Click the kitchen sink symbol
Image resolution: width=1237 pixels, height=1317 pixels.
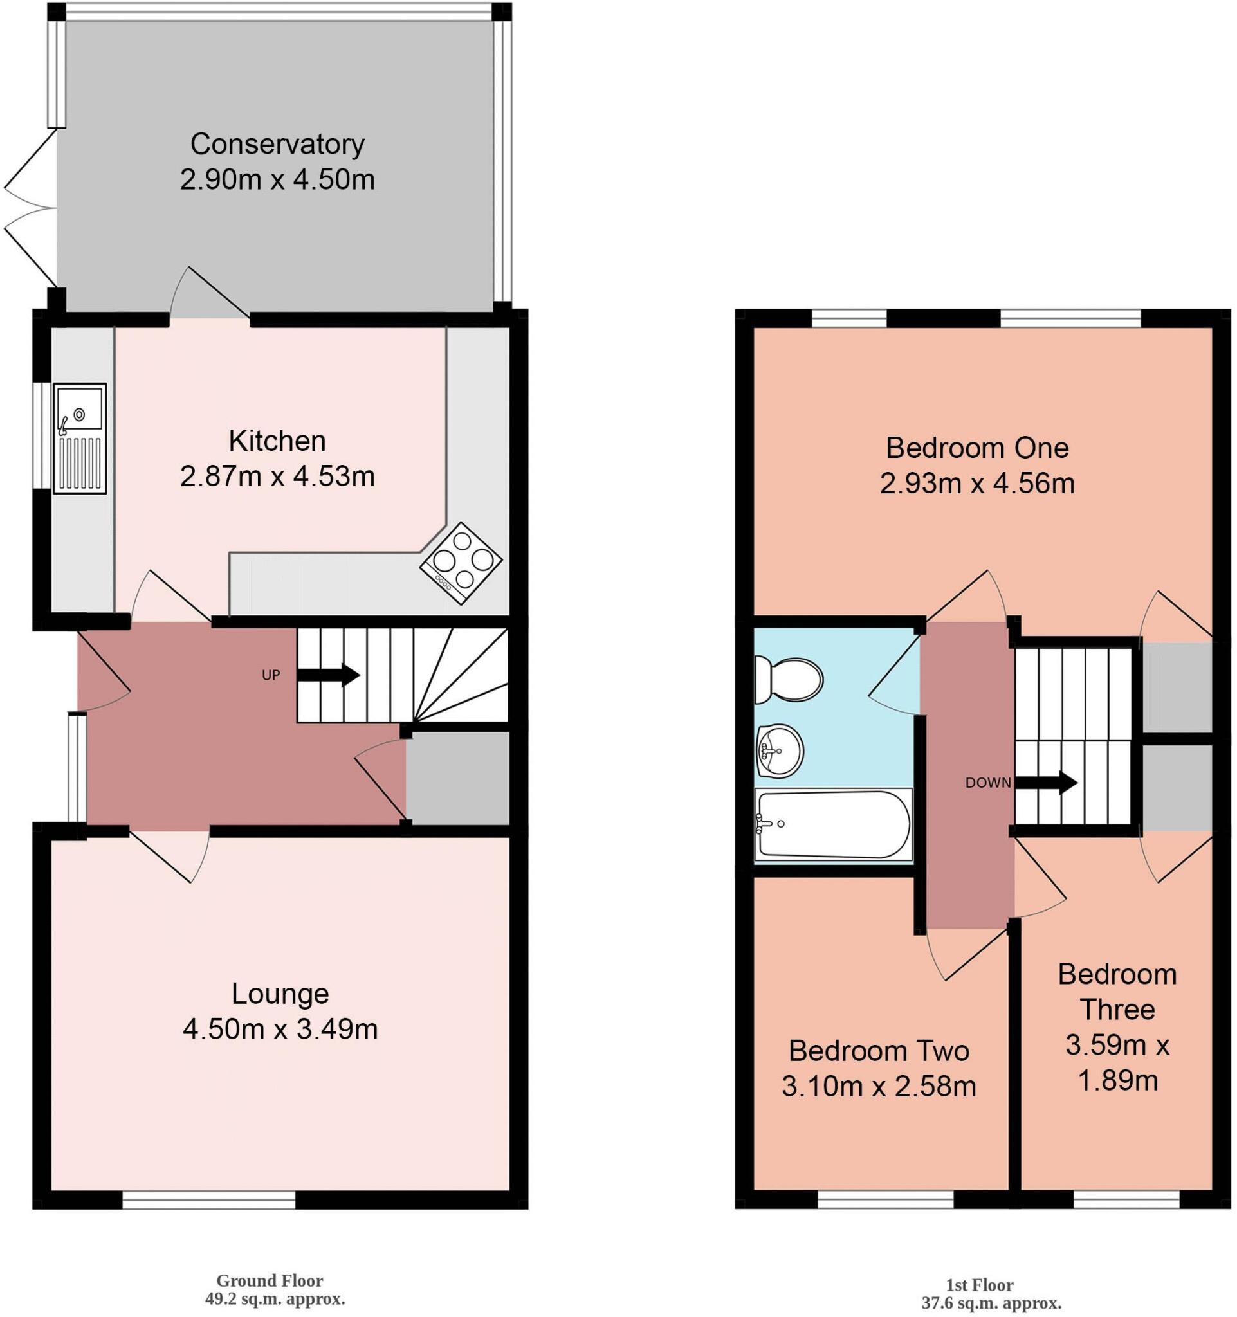tap(80, 438)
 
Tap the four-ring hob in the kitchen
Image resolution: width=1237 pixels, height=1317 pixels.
tap(461, 563)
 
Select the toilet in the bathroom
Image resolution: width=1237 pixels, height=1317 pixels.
tap(789, 680)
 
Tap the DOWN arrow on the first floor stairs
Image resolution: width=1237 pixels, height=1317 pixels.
tap(1046, 783)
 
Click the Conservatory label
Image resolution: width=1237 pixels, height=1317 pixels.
tap(277, 144)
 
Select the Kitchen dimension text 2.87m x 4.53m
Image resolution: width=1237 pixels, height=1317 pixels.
tap(277, 477)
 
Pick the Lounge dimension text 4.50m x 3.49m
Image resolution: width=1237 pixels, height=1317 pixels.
tap(280, 1029)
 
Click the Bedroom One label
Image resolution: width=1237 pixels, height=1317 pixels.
tap(977, 448)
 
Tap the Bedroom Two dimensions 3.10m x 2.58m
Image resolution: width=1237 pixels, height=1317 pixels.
tap(879, 1086)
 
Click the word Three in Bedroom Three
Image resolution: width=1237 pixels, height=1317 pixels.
tap(1117, 1009)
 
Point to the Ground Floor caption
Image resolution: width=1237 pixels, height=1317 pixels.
tap(270, 1280)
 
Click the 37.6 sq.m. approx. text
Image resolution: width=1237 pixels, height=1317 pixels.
tap(991, 1303)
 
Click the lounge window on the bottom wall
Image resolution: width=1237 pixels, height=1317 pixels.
tap(208, 1200)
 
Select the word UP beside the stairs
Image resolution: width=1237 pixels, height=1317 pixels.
tap(271, 675)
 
